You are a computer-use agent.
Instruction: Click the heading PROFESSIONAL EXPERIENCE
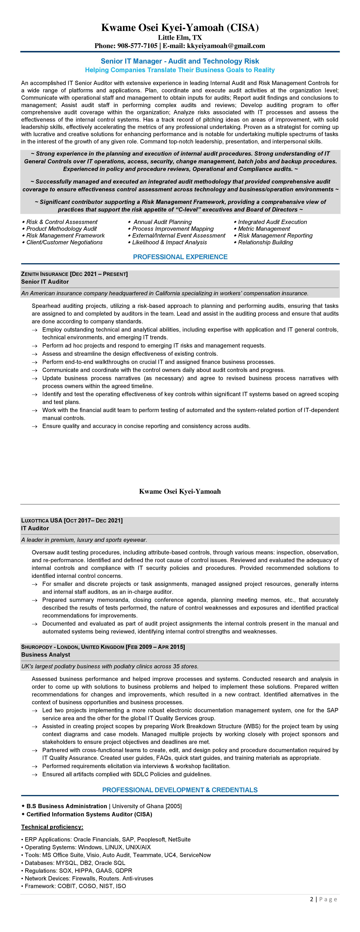click(180, 257)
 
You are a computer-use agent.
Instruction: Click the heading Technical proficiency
click(52, 827)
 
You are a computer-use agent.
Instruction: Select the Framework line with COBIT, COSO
click(75, 886)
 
